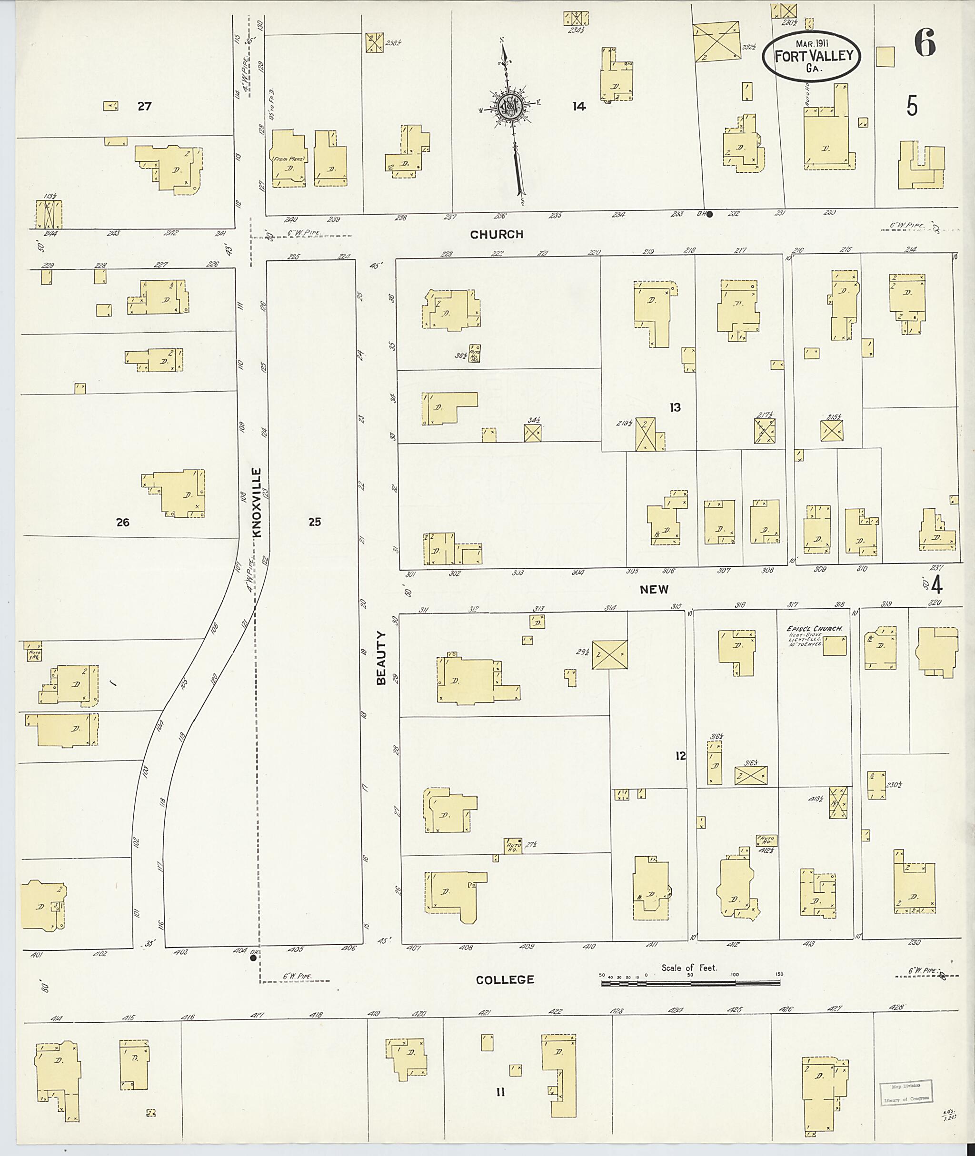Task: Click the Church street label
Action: [497, 234]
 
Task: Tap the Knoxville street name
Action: [257, 503]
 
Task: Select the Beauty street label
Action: [381, 666]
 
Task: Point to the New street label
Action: [654, 589]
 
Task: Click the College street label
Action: [505, 980]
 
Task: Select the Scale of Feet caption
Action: [689, 968]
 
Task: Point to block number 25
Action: [315, 522]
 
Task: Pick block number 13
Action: [675, 407]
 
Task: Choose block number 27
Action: [144, 106]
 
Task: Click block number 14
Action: [579, 106]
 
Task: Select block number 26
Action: [123, 522]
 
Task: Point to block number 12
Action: [680, 755]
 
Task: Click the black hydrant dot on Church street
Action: [710, 215]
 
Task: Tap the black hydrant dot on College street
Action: [253, 958]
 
